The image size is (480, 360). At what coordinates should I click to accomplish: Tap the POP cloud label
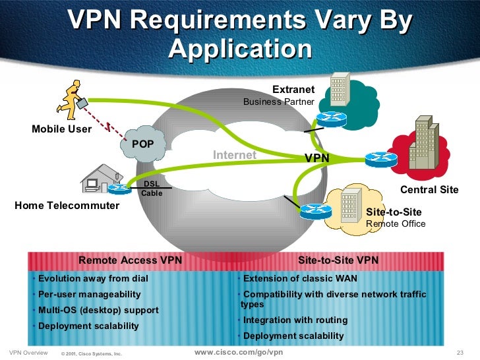[x=142, y=144]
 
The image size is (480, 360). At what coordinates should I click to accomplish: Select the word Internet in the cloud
[x=234, y=155]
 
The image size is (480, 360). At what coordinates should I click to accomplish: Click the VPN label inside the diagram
[x=316, y=158]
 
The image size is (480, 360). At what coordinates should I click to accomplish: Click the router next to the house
[x=120, y=190]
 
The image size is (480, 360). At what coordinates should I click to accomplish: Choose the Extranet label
[x=294, y=90]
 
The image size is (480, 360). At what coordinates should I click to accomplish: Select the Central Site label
[x=429, y=190]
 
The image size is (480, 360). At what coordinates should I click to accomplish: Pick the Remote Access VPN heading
[x=130, y=260]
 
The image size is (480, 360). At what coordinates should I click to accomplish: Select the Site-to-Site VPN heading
[x=338, y=260]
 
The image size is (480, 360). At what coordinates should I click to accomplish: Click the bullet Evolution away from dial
[x=92, y=278]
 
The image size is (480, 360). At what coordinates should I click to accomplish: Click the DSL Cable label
[x=151, y=189]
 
